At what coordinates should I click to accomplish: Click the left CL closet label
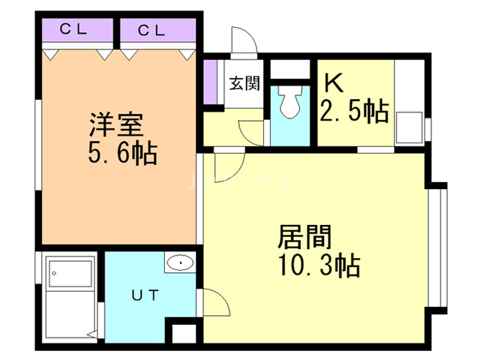(x=73, y=29)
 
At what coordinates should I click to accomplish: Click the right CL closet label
(x=151, y=30)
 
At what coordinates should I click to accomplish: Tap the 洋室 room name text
(x=116, y=124)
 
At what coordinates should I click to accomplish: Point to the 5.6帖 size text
(x=123, y=152)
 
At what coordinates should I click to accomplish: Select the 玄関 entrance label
(x=244, y=83)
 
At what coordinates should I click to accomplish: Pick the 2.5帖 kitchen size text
(x=355, y=110)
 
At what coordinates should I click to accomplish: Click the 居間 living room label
(x=304, y=237)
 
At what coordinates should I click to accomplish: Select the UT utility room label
(x=145, y=295)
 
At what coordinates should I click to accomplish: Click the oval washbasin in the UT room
(x=180, y=262)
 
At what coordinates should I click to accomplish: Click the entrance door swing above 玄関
(x=244, y=40)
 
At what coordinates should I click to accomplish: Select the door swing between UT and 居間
(x=216, y=302)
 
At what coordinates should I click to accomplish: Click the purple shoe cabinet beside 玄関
(x=210, y=82)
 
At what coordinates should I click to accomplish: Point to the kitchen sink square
(x=409, y=127)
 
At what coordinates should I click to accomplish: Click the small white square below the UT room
(x=184, y=334)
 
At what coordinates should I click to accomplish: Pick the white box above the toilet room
(x=290, y=69)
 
